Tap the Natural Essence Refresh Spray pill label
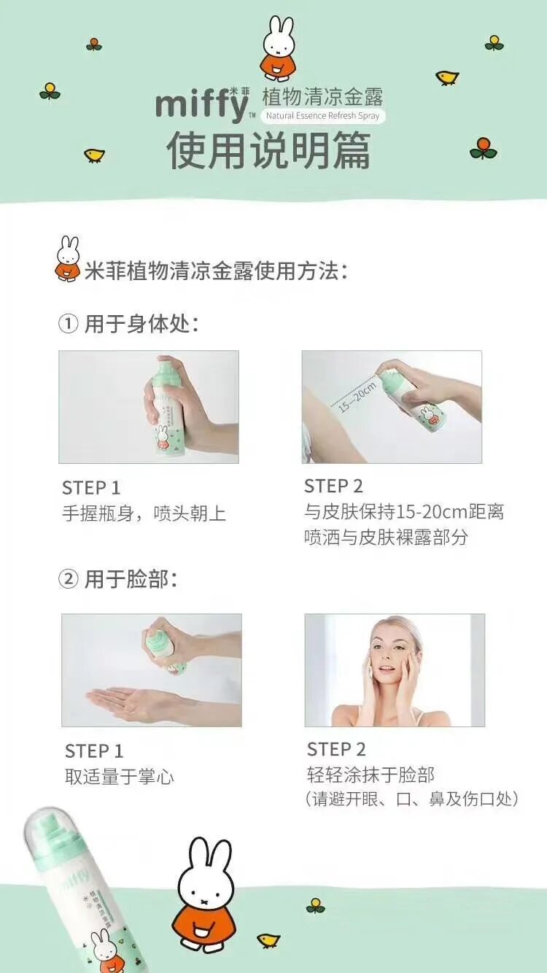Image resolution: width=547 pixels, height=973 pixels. tap(322, 116)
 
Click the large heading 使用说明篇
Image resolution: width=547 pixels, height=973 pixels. tap(268, 150)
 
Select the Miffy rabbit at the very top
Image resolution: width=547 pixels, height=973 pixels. tap(279, 49)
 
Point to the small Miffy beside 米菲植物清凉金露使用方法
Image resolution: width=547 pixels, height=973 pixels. tap(69, 259)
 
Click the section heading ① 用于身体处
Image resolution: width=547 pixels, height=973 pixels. tap(128, 324)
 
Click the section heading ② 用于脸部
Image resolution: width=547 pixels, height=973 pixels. tap(117, 579)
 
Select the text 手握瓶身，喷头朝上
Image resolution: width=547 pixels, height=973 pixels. tap(144, 513)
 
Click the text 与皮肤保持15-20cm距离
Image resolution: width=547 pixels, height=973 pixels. tap(404, 512)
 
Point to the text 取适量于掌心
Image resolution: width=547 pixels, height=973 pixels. tap(120, 777)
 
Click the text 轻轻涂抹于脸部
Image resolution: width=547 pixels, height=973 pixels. tap(371, 775)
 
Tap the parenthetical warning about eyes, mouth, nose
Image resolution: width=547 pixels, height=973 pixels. tap(412, 799)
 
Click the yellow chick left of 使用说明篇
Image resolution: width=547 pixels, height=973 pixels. tap(94, 155)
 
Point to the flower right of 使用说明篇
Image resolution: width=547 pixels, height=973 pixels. tap(483, 148)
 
